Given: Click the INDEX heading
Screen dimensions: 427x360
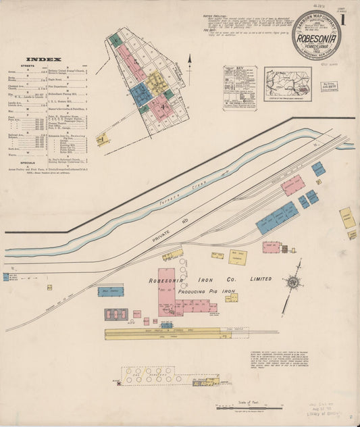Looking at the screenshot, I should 44,59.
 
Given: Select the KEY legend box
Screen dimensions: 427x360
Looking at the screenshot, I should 240,87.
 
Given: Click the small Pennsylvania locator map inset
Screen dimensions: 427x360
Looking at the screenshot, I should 288,84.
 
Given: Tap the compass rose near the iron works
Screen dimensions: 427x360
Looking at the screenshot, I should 294,281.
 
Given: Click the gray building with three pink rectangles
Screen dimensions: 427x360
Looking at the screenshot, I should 116,314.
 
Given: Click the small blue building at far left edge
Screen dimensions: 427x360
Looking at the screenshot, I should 5,277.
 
